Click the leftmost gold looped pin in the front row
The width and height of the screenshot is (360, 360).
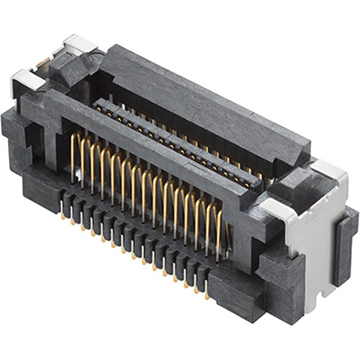pyautogui.click(x=75, y=156)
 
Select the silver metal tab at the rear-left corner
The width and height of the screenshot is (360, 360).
pyautogui.click(x=80, y=43)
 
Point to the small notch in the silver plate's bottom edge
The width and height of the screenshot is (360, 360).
pyautogui.click(x=323, y=290)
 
